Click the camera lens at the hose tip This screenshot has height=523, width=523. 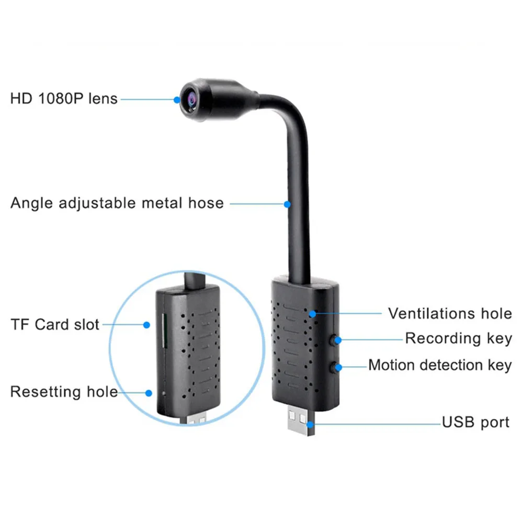pyautogui.click(x=187, y=98)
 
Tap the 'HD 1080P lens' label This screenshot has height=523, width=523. pyautogui.click(x=64, y=98)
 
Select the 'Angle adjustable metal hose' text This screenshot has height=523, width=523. pyautogui.click(x=117, y=203)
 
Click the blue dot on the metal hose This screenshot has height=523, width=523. pyautogui.click(x=287, y=204)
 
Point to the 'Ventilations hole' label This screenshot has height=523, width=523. pyautogui.click(x=450, y=313)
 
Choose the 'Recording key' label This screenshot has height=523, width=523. pyautogui.click(x=458, y=338)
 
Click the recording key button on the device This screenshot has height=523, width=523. pyautogui.click(x=333, y=340)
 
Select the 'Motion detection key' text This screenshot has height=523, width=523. pyautogui.click(x=440, y=365)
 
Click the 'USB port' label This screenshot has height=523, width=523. pyautogui.click(x=475, y=422)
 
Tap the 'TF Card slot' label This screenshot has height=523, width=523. pyautogui.click(x=55, y=324)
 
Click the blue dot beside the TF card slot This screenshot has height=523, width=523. pyautogui.click(x=147, y=325)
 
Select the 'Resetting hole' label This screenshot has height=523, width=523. pyautogui.click(x=64, y=392)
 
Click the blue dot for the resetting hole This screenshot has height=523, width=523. pyautogui.click(x=149, y=392)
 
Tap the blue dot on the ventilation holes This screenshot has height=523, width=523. pyautogui.click(x=313, y=314)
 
